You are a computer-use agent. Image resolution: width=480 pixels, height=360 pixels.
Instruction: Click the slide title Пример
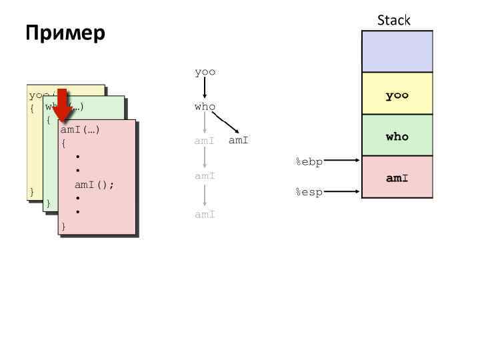tap(65, 33)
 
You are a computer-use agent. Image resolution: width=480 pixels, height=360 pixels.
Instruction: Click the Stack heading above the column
tap(393, 20)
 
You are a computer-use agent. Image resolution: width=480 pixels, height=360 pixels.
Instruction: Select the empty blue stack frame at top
tap(397, 51)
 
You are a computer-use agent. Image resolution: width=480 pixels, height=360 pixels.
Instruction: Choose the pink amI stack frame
tap(397, 178)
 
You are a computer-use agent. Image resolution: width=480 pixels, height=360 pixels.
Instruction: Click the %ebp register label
tap(309, 161)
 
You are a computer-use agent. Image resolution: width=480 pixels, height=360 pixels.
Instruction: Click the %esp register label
tap(309, 192)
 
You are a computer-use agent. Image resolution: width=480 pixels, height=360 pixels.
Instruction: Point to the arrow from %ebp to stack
tap(343, 160)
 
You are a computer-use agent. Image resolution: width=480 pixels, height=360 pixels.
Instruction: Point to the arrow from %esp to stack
tap(343, 191)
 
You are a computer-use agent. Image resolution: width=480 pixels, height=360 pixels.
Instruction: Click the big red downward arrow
tap(63, 105)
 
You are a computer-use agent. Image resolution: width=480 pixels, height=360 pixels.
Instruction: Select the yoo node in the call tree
tap(205, 72)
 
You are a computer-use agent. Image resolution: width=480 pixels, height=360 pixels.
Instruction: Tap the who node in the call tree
tap(205, 107)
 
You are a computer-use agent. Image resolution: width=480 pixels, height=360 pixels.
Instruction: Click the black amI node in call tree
tap(238, 141)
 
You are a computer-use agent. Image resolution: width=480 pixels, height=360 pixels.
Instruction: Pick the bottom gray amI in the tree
tap(205, 215)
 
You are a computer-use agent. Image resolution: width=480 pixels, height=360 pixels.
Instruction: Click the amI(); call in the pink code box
tap(94, 185)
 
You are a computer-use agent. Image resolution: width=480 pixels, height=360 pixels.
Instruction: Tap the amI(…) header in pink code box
tap(80, 130)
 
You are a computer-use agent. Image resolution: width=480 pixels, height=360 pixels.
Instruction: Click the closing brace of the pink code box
tap(63, 227)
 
